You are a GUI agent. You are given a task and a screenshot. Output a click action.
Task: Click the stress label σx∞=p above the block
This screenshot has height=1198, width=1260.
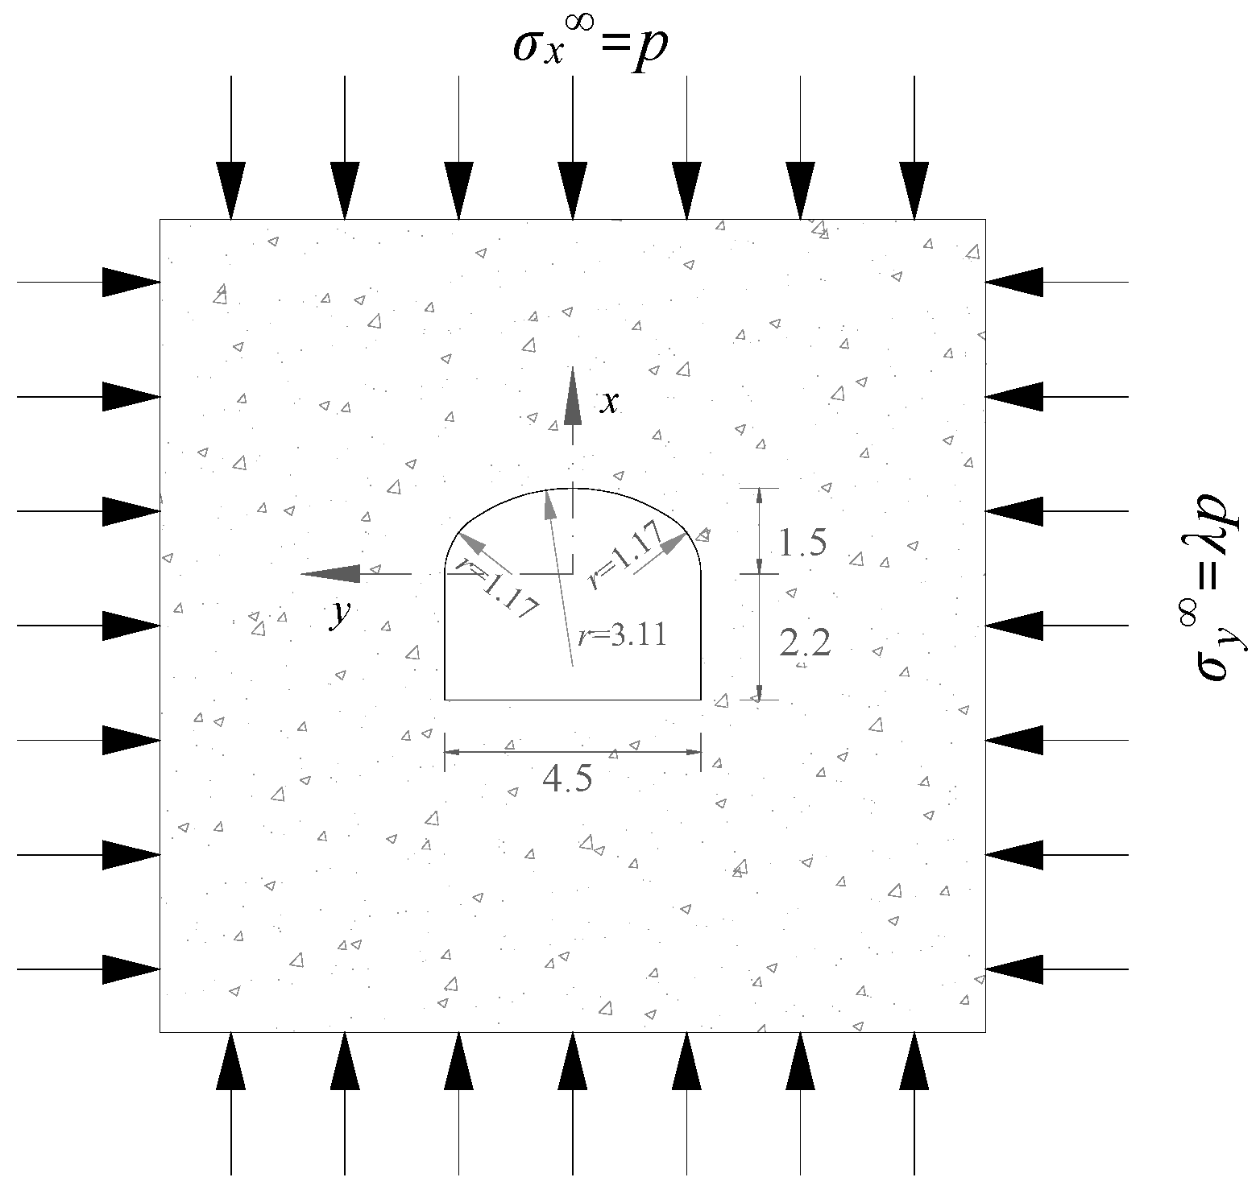[x=591, y=47]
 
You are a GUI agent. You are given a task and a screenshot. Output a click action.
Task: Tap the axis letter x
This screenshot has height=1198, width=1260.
[x=610, y=402]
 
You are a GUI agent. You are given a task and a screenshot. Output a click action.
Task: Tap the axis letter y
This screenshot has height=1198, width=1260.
[x=342, y=614]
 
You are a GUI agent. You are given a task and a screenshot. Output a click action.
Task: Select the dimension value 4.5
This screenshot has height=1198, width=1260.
[x=567, y=779]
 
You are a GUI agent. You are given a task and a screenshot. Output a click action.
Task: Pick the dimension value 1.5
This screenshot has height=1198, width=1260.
[x=802, y=544]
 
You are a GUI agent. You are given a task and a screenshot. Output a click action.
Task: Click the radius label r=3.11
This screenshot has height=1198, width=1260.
[x=622, y=637]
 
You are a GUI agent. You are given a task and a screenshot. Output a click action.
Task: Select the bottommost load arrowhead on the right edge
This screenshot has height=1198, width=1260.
[x=1015, y=969]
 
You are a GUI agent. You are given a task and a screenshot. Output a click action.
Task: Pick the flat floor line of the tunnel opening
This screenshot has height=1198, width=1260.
[x=572, y=700]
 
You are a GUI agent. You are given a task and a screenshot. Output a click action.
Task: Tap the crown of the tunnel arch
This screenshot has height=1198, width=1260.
[x=572, y=489]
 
